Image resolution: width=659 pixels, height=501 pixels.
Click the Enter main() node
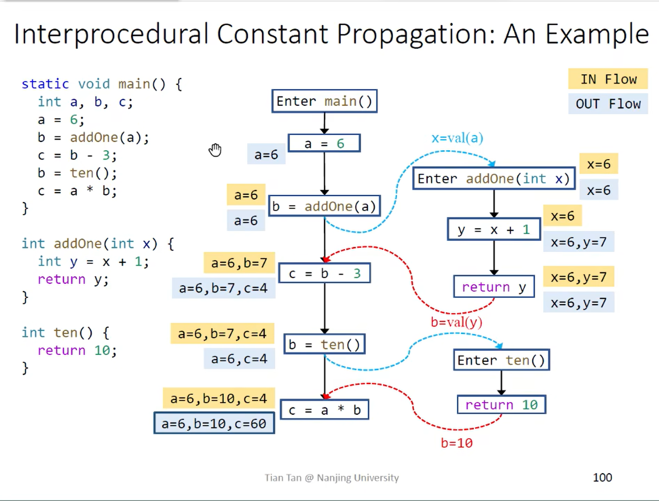tap(324, 101)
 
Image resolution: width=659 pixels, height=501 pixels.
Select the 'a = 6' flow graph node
tap(324, 143)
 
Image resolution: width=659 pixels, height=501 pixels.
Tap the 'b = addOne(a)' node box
tap(324, 206)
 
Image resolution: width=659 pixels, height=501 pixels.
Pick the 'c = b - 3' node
tap(324, 274)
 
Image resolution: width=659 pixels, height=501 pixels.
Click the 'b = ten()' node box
tap(324, 345)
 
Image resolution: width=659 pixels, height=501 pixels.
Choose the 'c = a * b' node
tap(324, 410)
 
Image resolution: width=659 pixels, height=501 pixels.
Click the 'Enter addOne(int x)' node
tap(494, 179)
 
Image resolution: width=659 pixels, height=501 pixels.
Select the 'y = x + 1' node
tap(494, 230)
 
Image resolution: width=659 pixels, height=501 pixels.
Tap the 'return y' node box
tap(494, 287)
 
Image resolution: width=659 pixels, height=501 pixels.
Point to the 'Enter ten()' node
tap(501, 360)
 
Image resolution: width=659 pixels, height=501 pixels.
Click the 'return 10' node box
tap(501, 405)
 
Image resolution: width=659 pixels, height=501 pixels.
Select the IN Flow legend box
tap(608, 79)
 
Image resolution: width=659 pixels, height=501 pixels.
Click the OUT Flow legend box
tap(608, 104)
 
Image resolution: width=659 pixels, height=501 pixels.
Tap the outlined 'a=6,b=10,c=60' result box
tap(214, 424)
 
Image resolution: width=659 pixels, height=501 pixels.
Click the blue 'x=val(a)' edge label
tap(457, 138)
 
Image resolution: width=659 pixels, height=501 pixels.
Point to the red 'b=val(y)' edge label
tap(456, 322)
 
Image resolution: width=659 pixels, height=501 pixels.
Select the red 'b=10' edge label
tap(457, 443)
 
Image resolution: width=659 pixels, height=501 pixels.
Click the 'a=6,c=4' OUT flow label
tap(239, 359)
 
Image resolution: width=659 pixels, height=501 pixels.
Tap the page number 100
tap(602, 477)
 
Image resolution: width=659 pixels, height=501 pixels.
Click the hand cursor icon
tap(215, 150)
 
